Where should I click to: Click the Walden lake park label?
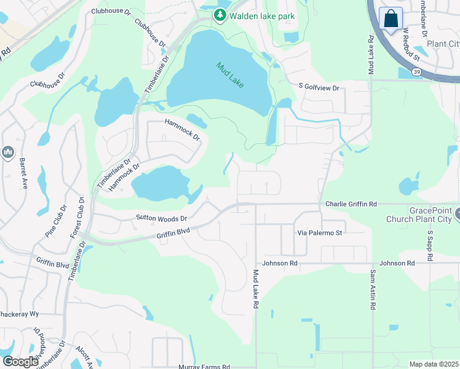click(262, 15)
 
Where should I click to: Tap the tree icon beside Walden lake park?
click(219, 15)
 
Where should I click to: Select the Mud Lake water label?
click(229, 74)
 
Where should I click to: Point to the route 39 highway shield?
click(417, 72)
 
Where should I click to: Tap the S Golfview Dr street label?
click(319, 88)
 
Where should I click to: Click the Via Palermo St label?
click(320, 233)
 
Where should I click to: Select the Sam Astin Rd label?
click(373, 290)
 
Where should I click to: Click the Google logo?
click(20, 362)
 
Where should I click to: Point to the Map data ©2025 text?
click(434, 364)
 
